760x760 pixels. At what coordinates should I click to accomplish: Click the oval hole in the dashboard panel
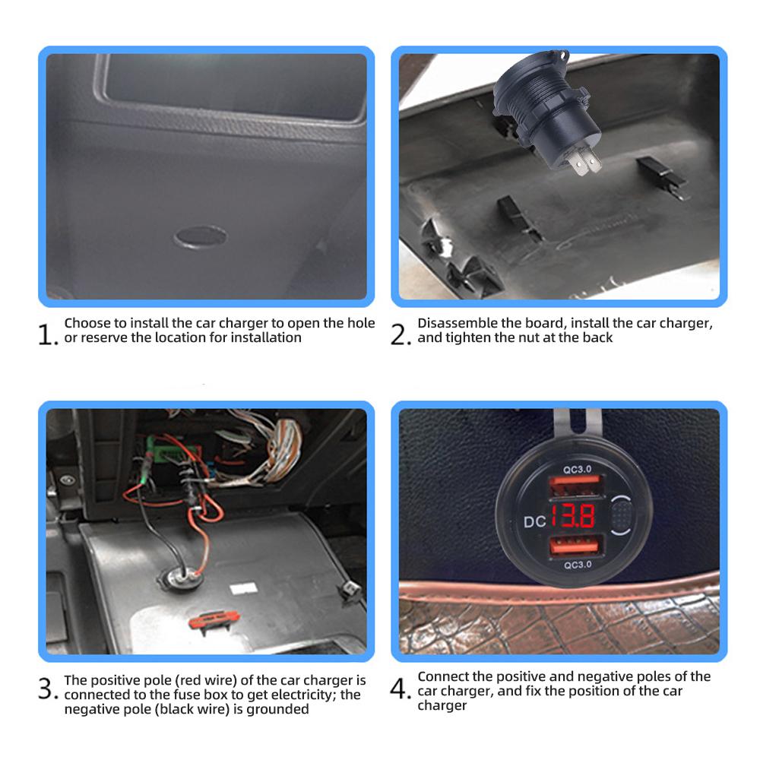[200, 237]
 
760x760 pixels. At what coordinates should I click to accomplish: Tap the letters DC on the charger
[535, 522]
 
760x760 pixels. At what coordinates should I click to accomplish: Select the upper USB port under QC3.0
[576, 486]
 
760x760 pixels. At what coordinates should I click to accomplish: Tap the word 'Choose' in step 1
[84, 323]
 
